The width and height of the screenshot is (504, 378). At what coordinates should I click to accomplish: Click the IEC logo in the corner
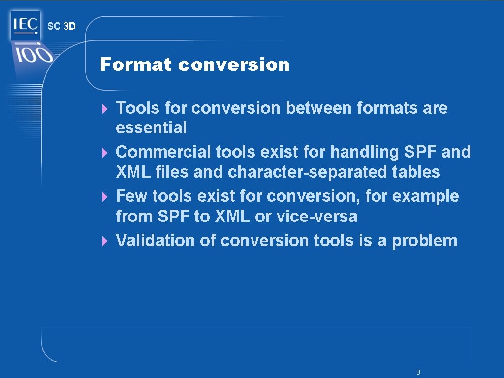(x=25, y=25)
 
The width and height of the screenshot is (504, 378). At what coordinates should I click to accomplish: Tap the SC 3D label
(x=62, y=27)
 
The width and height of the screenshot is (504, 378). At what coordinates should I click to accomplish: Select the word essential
(x=151, y=128)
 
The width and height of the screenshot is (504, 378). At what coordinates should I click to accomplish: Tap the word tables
(x=417, y=172)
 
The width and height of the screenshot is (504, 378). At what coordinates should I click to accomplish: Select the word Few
(x=131, y=196)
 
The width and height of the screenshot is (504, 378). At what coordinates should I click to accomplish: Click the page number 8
(x=418, y=372)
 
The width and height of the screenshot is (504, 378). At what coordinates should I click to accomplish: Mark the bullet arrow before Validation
(x=104, y=241)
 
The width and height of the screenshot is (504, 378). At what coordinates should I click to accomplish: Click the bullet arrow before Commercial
(x=104, y=153)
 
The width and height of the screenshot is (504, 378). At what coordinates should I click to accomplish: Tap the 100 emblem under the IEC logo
(x=32, y=54)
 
